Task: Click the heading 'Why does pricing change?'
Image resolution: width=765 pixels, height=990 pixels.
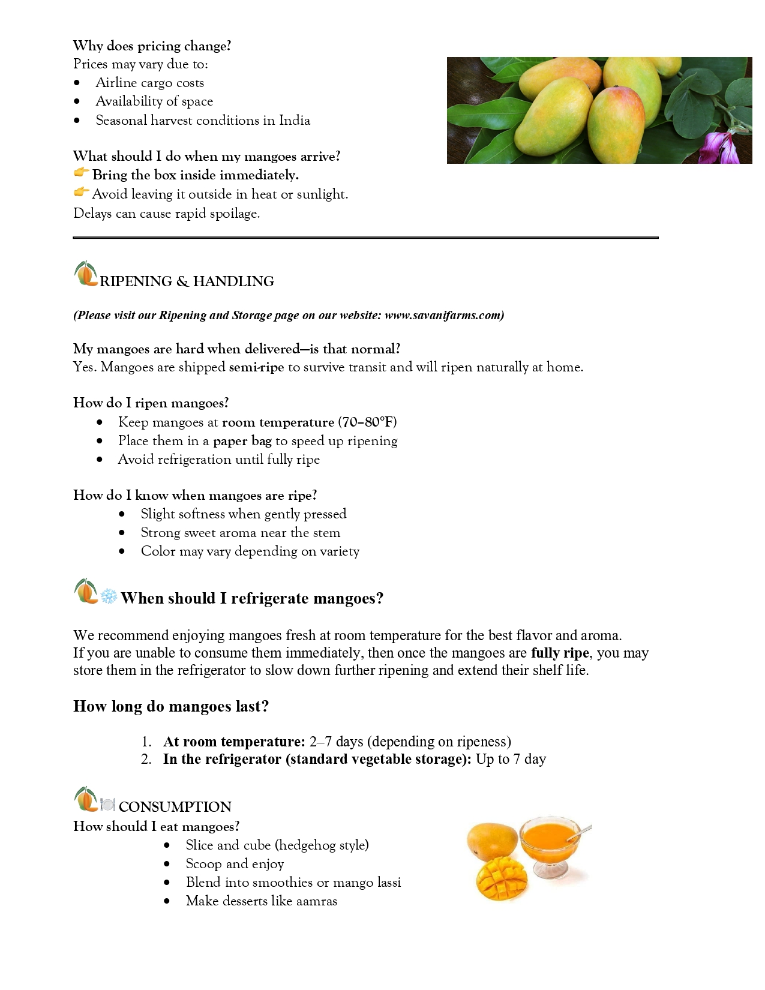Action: click(152, 46)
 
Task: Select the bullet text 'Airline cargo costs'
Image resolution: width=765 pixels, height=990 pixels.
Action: click(149, 83)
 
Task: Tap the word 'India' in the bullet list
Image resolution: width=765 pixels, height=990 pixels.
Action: click(295, 121)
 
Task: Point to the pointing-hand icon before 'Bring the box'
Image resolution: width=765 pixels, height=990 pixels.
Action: click(81, 174)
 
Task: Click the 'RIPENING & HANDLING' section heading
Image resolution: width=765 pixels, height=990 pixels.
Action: click(187, 281)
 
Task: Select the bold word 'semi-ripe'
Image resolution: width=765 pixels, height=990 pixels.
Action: click(256, 367)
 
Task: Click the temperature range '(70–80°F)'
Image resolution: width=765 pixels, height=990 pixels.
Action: click(367, 422)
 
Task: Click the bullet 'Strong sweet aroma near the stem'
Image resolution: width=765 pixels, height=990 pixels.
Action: click(240, 533)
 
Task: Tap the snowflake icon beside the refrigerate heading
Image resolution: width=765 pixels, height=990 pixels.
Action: click(109, 597)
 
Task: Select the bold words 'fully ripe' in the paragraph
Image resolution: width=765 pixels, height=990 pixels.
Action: click(559, 653)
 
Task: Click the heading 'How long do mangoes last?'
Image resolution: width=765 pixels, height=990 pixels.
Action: click(171, 706)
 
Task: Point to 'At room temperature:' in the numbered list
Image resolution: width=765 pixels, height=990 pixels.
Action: click(234, 742)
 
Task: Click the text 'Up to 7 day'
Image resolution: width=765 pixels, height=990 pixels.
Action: click(511, 759)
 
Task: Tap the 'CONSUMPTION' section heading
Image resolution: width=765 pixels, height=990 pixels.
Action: click(175, 807)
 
